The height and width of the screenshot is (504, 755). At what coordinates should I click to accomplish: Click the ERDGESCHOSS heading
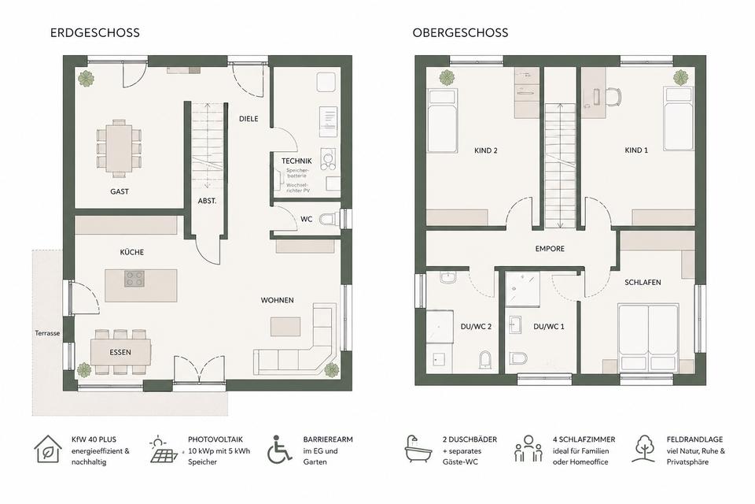click(x=95, y=33)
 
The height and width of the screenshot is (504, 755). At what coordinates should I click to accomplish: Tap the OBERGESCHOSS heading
click(x=460, y=33)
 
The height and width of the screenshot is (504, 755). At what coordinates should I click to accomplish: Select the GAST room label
click(x=120, y=191)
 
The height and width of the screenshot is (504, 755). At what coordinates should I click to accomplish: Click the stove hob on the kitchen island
click(x=134, y=279)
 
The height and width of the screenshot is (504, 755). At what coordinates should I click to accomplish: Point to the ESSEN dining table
click(x=120, y=352)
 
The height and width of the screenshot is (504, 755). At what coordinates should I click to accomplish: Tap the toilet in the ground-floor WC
click(x=330, y=220)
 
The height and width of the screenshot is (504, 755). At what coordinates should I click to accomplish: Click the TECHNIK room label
click(x=296, y=161)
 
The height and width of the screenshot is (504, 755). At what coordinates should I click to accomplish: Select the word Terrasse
click(x=47, y=333)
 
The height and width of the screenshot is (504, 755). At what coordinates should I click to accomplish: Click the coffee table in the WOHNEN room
click(x=285, y=326)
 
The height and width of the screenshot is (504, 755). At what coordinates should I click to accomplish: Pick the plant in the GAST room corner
click(x=87, y=79)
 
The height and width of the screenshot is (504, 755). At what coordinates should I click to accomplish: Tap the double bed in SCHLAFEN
click(x=648, y=335)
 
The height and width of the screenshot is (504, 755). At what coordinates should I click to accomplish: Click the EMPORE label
click(x=550, y=249)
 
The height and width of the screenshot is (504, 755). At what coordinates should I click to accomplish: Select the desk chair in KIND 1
click(x=613, y=96)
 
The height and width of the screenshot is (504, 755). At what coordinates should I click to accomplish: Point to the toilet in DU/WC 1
click(x=518, y=358)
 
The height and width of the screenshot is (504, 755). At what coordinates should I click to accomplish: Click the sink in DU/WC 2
click(x=448, y=278)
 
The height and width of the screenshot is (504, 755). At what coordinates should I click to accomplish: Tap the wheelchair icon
click(x=279, y=450)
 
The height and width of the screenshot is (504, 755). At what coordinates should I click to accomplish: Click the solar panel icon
click(x=164, y=450)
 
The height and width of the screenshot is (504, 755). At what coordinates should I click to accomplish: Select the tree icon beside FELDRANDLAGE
click(x=644, y=449)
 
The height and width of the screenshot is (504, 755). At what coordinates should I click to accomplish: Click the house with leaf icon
click(x=48, y=450)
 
